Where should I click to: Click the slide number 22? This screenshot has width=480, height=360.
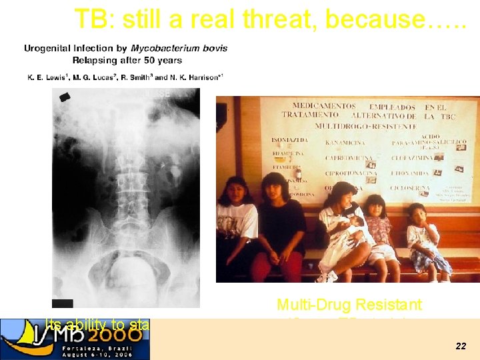point(461,347)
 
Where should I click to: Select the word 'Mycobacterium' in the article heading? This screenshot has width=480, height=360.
point(160,48)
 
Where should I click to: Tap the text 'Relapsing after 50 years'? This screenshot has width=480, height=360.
point(127,60)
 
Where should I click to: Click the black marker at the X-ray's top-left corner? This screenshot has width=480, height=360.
point(65,97)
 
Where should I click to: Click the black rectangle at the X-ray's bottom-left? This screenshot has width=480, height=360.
point(63,303)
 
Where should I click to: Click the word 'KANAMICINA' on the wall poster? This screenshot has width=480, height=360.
point(345,142)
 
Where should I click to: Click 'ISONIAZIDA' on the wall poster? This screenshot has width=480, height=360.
point(289,140)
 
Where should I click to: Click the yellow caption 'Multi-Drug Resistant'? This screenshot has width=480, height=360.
point(349,305)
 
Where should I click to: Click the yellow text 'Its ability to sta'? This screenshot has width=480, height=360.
point(97,325)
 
